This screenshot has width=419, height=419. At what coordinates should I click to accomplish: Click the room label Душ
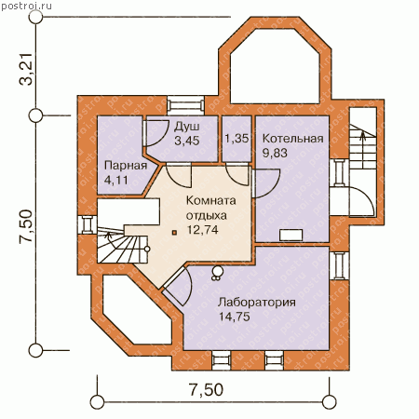tap(186, 127)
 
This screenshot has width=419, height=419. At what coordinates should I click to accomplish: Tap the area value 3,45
tap(186, 141)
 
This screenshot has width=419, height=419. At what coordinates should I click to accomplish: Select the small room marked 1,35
tap(237, 139)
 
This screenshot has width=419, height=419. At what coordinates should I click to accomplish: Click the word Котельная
tap(292, 139)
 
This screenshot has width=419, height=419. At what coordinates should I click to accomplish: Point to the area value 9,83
tap(275, 153)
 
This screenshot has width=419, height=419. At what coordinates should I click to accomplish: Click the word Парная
tap(126, 166)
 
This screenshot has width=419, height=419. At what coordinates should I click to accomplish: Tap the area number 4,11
tap(115, 180)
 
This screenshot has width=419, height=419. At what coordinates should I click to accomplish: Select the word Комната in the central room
tap(210, 200)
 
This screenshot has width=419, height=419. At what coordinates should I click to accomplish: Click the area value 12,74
tap(202, 229)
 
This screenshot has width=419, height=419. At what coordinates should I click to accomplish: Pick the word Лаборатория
tap(256, 302)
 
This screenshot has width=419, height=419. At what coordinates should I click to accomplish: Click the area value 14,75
tap(235, 317)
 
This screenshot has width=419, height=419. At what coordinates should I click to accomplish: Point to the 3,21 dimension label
tap(26, 70)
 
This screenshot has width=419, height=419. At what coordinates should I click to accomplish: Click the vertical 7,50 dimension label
tap(26, 226)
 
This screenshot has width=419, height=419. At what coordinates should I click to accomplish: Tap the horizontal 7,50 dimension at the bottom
tap(207, 390)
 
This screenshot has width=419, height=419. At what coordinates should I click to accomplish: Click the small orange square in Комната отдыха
tap(175, 232)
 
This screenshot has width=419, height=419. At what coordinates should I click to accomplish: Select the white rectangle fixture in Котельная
tap(291, 235)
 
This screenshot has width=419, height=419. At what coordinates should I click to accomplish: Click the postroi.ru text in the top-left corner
tap(26, 7)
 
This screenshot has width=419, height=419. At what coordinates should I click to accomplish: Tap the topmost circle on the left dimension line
tap(35, 17)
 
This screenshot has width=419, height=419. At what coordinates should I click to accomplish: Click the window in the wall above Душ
tap(186, 105)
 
